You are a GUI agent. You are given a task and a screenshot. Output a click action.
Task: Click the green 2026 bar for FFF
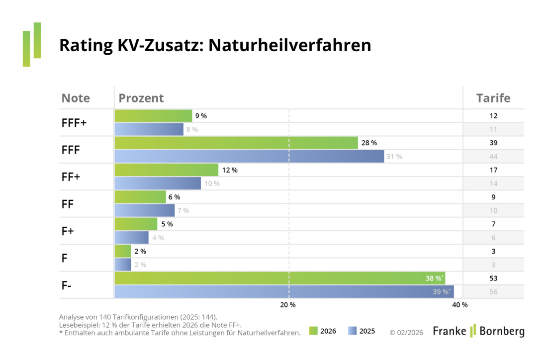pyautogui.click(x=236, y=143)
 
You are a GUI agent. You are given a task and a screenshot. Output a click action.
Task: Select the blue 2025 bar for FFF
pyautogui.click(x=249, y=157)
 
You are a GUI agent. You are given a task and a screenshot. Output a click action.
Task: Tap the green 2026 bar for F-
pyautogui.click(x=279, y=278)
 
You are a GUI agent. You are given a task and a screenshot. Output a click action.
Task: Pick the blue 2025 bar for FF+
pyautogui.click(x=158, y=183)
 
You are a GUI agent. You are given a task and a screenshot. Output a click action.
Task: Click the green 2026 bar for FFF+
pyautogui.click(x=153, y=116)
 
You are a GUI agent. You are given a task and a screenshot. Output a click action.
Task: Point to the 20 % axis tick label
pyautogui.click(x=288, y=305)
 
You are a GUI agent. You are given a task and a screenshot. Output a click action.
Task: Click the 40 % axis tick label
pyautogui.click(x=460, y=305)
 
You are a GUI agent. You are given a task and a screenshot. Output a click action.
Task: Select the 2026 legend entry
pyautogui.click(x=322, y=331)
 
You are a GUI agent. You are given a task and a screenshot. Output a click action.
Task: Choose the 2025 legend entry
pyautogui.click(x=362, y=331)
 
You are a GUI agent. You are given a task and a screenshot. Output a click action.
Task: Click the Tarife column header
pyautogui.click(x=493, y=98)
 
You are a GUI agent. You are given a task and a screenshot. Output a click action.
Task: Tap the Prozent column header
pyautogui.click(x=141, y=98)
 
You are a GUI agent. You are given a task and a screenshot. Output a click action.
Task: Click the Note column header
pyautogui.click(x=76, y=98)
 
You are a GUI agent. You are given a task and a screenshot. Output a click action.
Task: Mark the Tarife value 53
pyautogui.click(x=493, y=278)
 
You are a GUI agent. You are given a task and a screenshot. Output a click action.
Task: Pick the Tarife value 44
pyautogui.click(x=493, y=157)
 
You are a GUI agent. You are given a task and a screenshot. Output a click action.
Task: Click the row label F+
pyautogui.click(x=68, y=231)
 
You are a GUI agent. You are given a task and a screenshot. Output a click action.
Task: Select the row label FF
pyautogui.click(x=68, y=204)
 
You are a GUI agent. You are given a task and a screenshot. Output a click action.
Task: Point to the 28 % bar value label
pyautogui.click(x=369, y=143)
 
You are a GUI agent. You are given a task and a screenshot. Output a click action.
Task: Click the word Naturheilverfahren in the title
pyautogui.click(x=289, y=46)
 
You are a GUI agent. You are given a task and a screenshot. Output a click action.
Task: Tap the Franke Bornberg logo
pyautogui.click(x=478, y=331)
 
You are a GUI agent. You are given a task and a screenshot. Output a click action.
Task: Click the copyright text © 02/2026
pyautogui.click(x=406, y=332)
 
